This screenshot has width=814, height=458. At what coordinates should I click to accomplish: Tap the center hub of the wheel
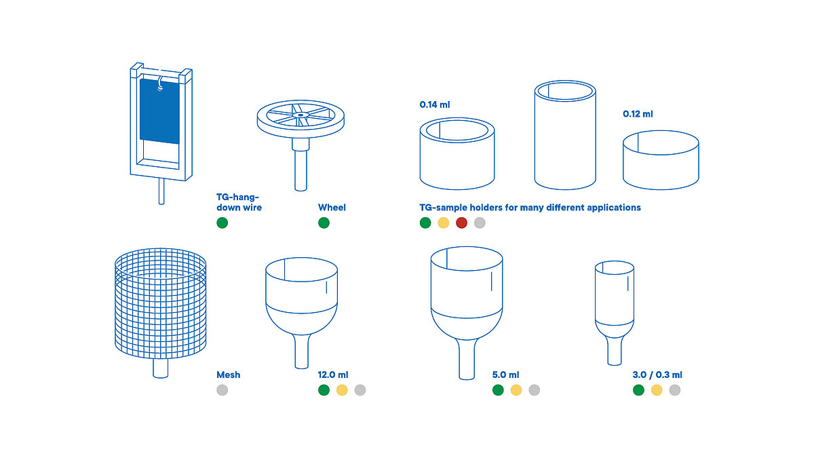pyautogui.click(x=299, y=116)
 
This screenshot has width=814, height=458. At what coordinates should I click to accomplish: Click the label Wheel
pyautogui.click(x=332, y=208)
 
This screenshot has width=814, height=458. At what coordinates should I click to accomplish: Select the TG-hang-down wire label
pyautogui.click(x=239, y=202)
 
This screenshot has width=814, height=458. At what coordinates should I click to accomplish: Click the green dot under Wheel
pyautogui.click(x=324, y=223)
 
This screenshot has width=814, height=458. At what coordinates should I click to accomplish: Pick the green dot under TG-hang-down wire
pyautogui.click(x=222, y=223)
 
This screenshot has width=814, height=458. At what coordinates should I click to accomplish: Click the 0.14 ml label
pyautogui.click(x=435, y=105)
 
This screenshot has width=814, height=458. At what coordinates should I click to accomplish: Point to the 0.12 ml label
pyautogui.click(x=638, y=115)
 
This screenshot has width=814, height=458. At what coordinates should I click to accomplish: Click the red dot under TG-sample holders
pyautogui.click(x=462, y=223)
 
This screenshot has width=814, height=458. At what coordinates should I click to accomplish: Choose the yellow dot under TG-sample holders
pyautogui.click(x=444, y=223)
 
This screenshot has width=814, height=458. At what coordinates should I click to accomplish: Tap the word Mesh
pyautogui.click(x=228, y=375)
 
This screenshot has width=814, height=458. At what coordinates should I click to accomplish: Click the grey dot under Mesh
pyautogui.click(x=222, y=390)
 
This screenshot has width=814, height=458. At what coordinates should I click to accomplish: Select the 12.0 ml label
pyautogui.click(x=333, y=375)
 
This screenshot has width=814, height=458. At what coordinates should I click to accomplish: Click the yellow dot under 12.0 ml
pyautogui.click(x=342, y=390)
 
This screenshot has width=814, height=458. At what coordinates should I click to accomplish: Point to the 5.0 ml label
pyautogui.click(x=505, y=375)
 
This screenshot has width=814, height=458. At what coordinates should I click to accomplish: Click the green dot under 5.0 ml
pyautogui.click(x=498, y=390)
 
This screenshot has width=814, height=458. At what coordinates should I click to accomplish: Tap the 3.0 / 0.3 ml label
pyautogui.click(x=657, y=375)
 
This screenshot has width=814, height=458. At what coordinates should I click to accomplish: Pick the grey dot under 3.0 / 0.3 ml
pyautogui.click(x=674, y=390)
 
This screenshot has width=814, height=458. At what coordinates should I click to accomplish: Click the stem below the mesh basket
pyautogui.click(x=160, y=368)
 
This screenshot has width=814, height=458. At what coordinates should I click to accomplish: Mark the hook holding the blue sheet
pyautogui.click(x=161, y=85)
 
